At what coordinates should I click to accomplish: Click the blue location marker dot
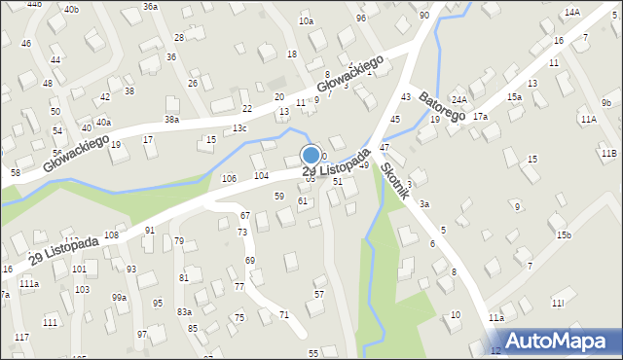tap(311, 154)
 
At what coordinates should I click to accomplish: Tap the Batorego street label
tap(444, 107)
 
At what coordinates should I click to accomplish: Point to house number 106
tap(229, 178)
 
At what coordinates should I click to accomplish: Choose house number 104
tap(261, 175)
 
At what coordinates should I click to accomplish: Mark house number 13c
tap(239, 129)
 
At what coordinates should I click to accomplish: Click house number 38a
tap(171, 119)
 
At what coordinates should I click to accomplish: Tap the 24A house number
tap(459, 100)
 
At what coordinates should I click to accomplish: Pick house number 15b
tap(564, 235)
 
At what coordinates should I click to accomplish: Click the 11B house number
tap(608, 154)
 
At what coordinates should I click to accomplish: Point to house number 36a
tap(150, 6)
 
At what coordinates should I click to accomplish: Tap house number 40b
tap(71, 9)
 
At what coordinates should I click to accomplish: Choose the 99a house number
tap(119, 297)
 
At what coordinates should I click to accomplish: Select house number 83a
tap(184, 311)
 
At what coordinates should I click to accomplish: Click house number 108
tap(111, 235)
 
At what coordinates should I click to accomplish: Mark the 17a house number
tap(480, 117)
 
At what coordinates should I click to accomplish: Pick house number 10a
tap(306, 20)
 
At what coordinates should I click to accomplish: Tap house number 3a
tap(424, 204)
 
